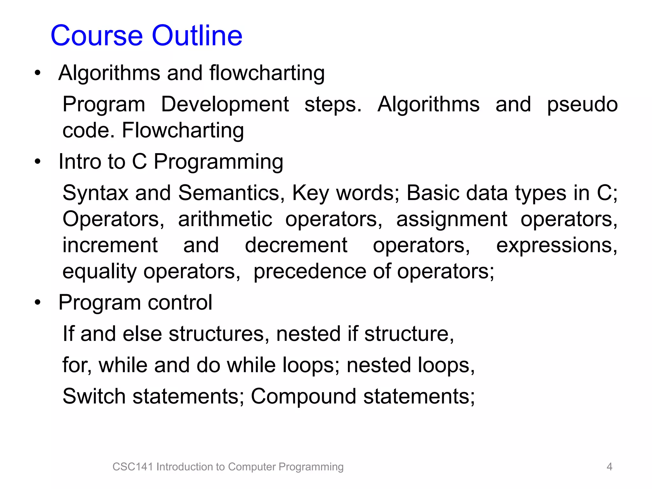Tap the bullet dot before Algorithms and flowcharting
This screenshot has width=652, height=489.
[x=38, y=73]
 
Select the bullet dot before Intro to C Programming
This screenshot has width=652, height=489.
[x=38, y=162]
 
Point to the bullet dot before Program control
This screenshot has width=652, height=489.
[x=38, y=302]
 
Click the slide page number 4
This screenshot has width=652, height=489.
[x=609, y=467]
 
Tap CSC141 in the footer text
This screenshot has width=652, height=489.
[x=133, y=467]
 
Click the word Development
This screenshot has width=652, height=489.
[x=225, y=104]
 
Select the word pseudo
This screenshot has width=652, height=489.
[x=582, y=105]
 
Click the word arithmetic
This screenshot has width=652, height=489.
[x=225, y=220]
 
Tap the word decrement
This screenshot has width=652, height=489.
[x=296, y=245]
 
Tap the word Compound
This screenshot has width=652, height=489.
[x=303, y=397]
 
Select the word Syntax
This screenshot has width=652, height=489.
[x=95, y=194]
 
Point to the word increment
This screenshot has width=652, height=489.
[x=110, y=245]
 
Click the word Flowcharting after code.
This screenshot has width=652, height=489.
[x=183, y=131]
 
